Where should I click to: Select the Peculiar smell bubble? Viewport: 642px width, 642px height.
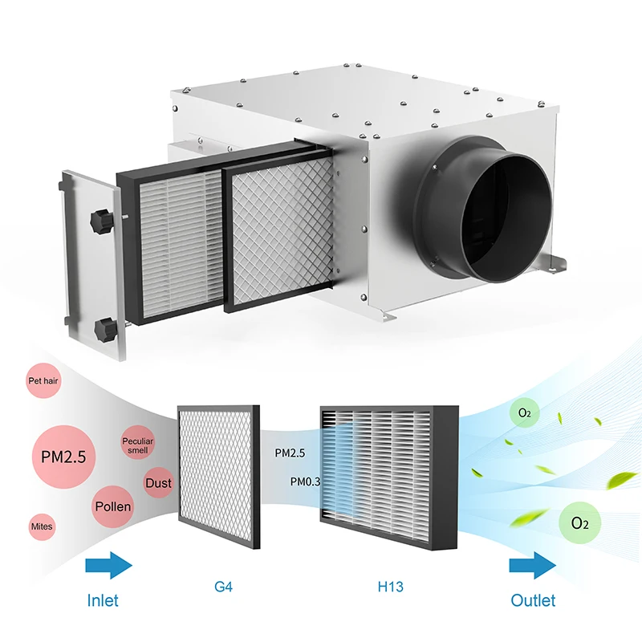coord(137,446)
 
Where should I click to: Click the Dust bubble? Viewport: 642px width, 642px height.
coord(157,483)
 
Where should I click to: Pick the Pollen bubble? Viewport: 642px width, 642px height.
coord(113,507)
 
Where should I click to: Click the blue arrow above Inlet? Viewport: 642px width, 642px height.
coord(108,566)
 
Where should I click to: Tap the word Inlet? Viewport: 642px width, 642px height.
coord(102,600)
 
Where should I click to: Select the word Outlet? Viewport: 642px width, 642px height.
coord(533,600)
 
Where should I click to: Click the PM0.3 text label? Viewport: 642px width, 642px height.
coord(303,481)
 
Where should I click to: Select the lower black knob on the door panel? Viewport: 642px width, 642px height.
coord(102,328)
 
